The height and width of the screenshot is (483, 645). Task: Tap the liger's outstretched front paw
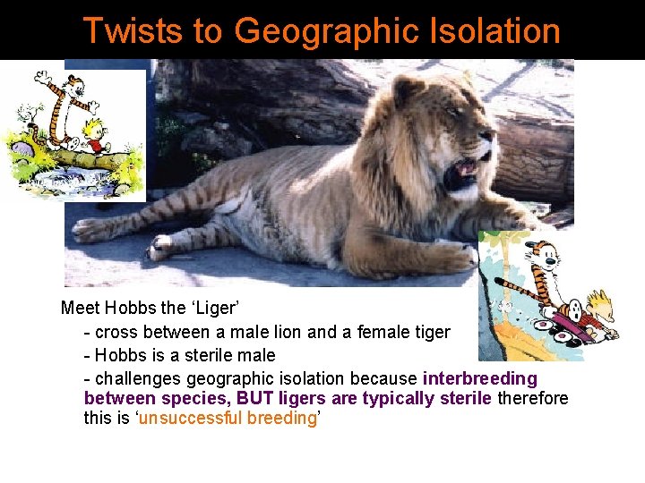[x=448, y=257]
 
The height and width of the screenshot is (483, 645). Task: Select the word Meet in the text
[x=80, y=309]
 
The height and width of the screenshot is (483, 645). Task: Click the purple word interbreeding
[x=479, y=378]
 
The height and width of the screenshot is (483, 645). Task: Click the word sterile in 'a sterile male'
[x=209, y=355]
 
